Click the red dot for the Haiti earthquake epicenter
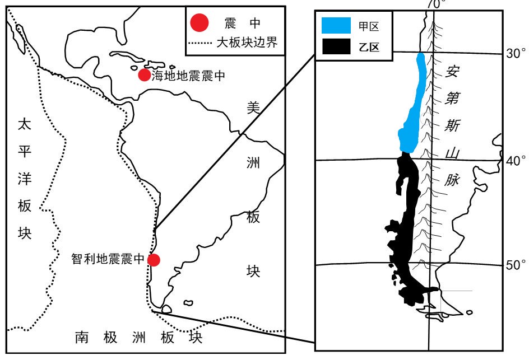(145, 74)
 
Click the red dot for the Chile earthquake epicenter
(153, 260)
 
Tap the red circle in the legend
(199, 23)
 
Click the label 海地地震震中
(188, 76)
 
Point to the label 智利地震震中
(108, 260)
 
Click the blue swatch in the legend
(336, 26)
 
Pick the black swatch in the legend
(336, 48)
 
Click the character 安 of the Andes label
(453, 71)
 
